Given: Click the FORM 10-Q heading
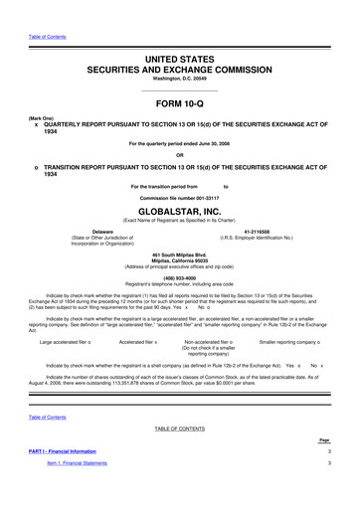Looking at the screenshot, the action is pyautogui.click(x=179, y=106).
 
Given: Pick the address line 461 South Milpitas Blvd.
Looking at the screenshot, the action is pyautogui.click(x=179, y=255).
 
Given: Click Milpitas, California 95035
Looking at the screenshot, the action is pyautogui.click(x=179, y=261).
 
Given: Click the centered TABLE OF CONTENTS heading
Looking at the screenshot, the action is pyautogui.click(x=179, y=455).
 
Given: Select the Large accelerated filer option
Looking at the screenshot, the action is pyautogui.click(x=65, y=341).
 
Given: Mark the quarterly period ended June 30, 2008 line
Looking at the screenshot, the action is pyautogui.click(x=179, y=143).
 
